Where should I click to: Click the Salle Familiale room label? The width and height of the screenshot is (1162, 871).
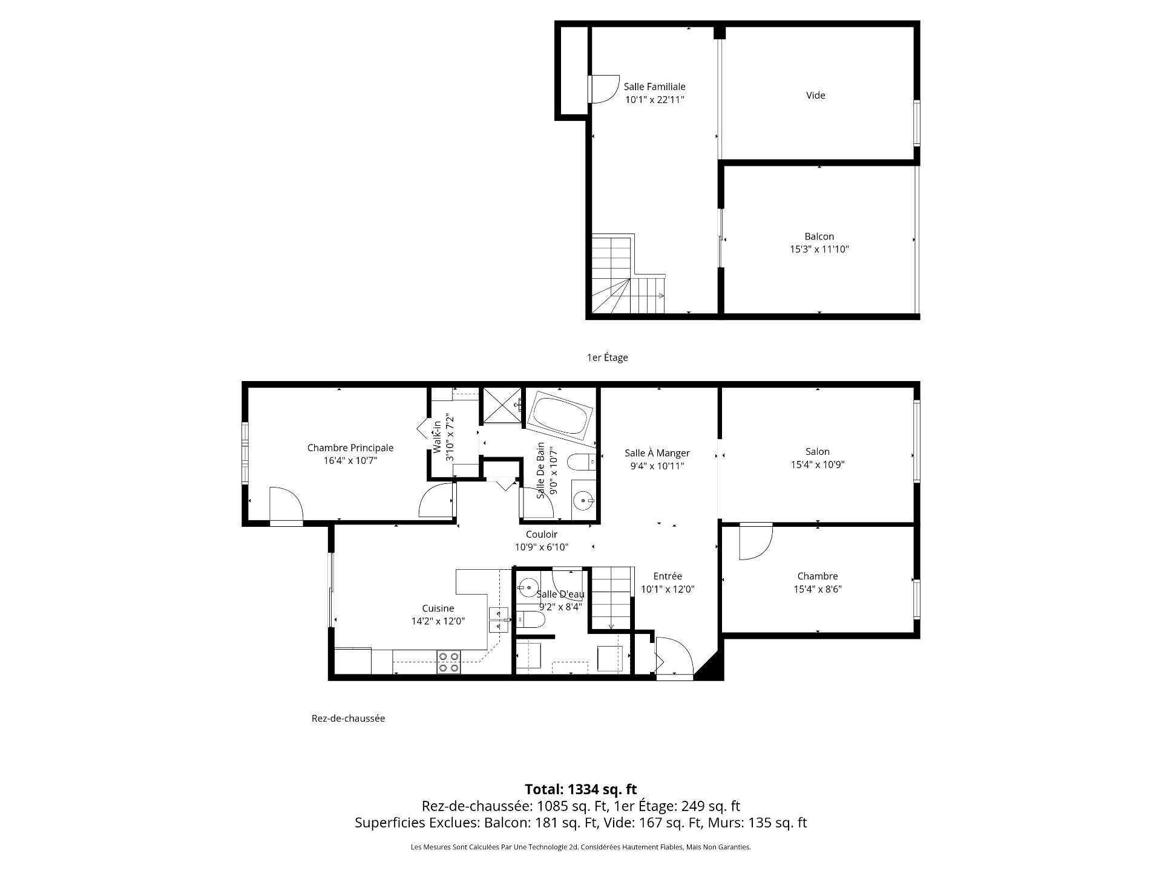click(x=654, y=86)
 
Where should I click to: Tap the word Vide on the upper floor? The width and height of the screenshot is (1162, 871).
click(x=815, y=95)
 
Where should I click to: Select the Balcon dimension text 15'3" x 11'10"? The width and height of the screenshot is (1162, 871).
click(x=819, y=249)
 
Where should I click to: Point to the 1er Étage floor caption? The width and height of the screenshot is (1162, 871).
click(x=607, y=357)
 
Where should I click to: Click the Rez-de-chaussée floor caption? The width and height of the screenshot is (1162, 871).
click(x=348, y=719)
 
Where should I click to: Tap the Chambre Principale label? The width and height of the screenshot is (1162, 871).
click(x=350, y=448)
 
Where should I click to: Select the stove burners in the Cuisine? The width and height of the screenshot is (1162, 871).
click(x=448, y=662)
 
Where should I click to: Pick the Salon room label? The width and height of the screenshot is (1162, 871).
click(x=817, y=451)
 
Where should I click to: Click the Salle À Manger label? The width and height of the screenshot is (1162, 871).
click(x=657, y=453)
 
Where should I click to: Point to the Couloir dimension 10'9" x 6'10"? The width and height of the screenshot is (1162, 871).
click(x=541, y=547)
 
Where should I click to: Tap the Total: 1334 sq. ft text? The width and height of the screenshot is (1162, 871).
click(x=580, y=789)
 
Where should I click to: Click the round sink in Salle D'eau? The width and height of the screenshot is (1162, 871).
click(x=528, y=586)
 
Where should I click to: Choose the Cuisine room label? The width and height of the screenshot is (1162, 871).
click(x=438, y=608)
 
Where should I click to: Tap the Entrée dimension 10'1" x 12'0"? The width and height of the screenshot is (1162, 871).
click(x=668, y=589)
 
